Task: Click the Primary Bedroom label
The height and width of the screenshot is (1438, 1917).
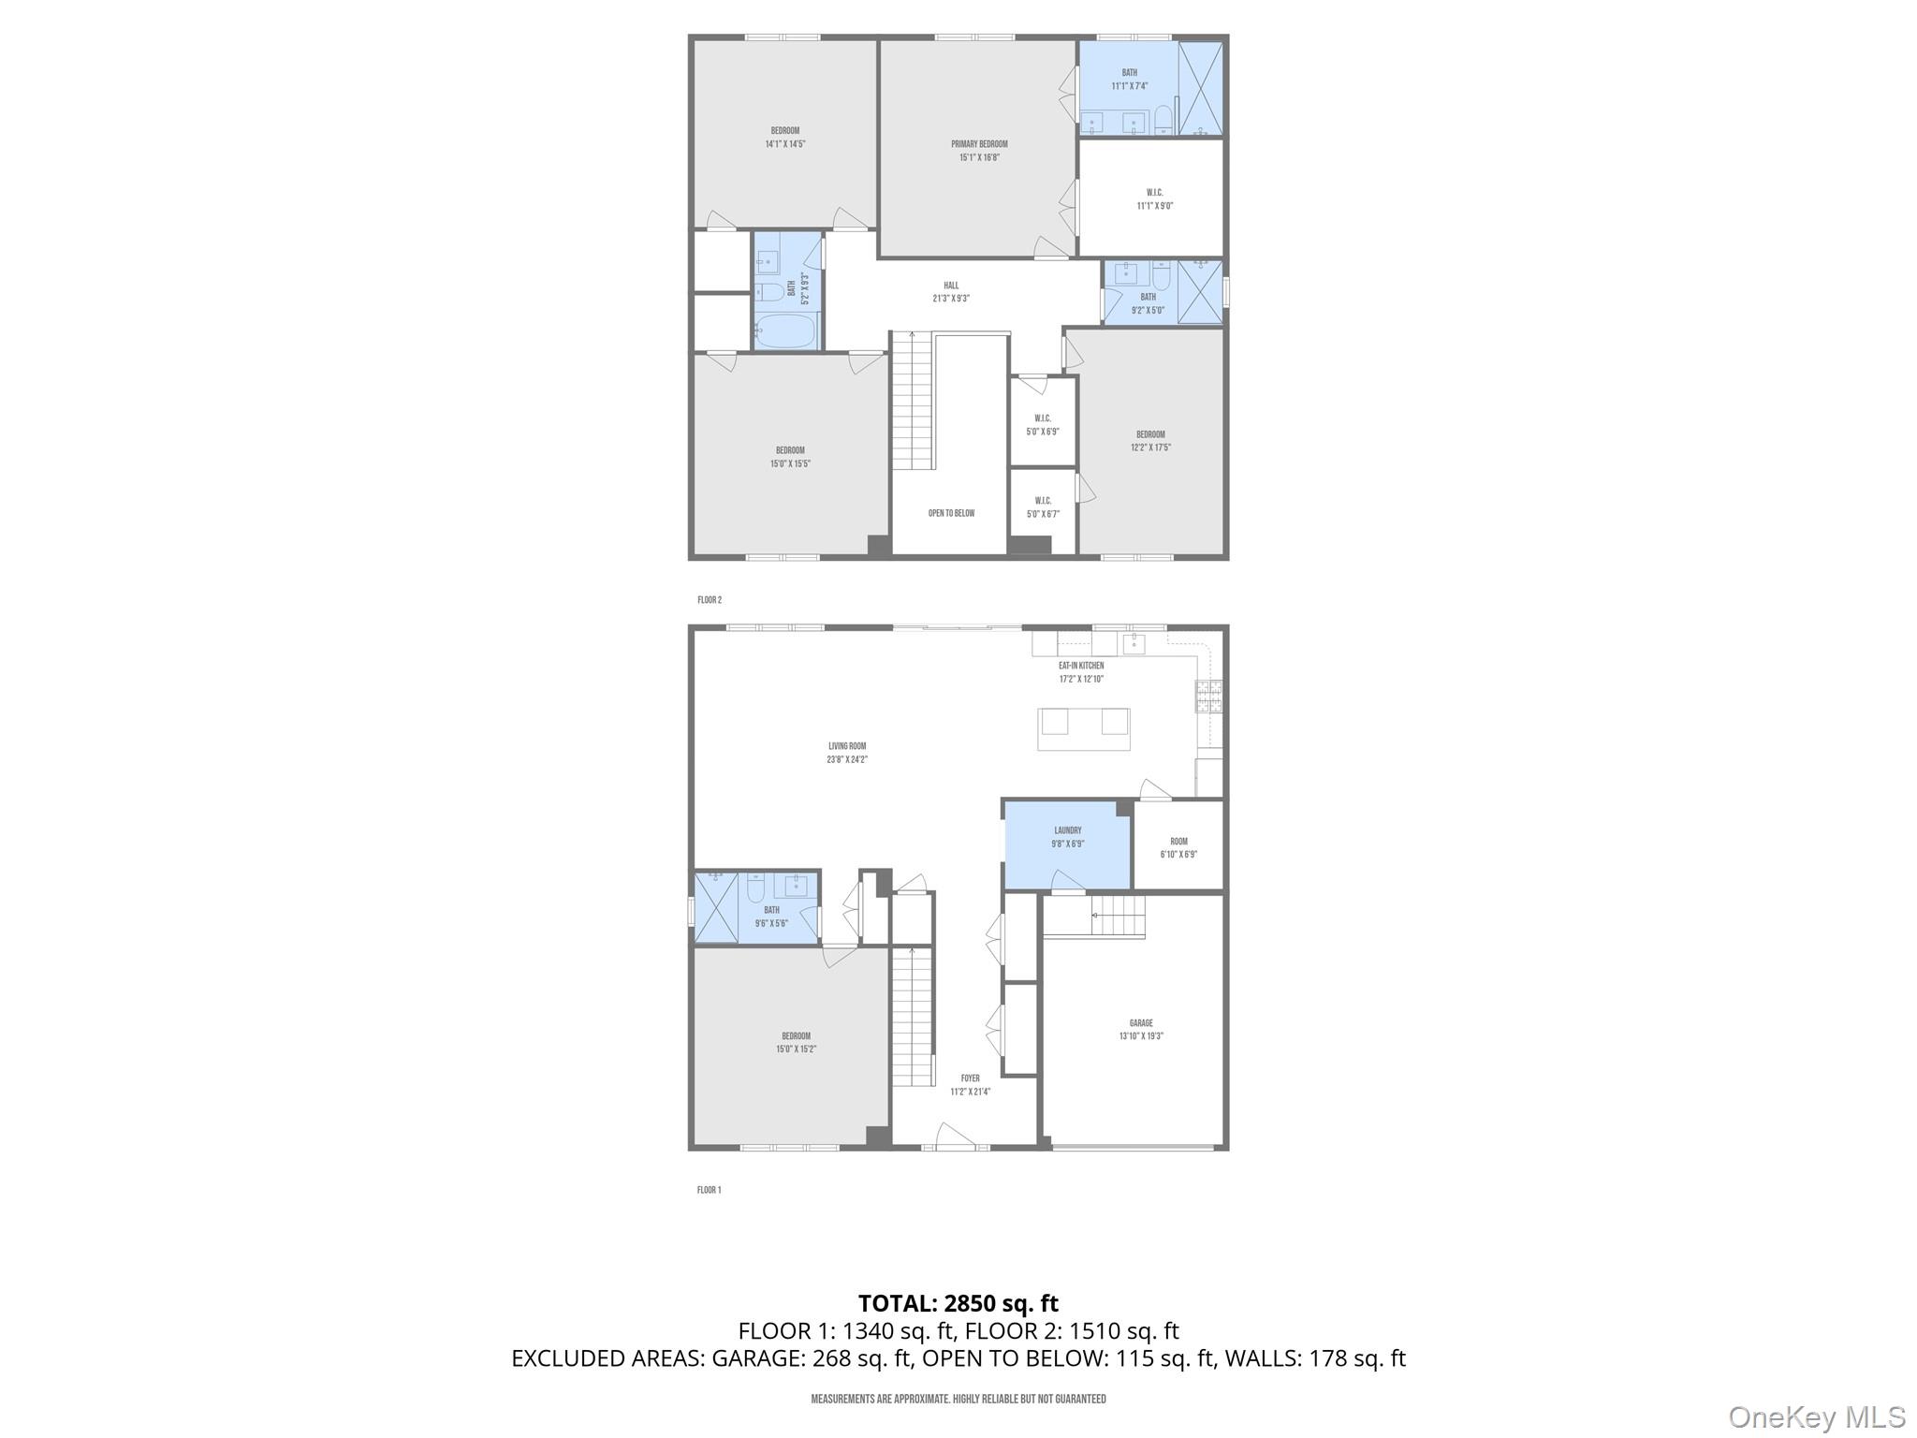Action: point(979,145)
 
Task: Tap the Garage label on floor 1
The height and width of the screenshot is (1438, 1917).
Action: point(1140,1023)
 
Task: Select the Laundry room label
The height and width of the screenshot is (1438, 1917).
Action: point(1067,830)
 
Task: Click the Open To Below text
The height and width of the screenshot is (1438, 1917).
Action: point(951,513)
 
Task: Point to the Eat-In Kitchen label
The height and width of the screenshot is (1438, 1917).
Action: point(1081,666)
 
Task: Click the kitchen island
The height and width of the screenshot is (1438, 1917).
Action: point(1083,729)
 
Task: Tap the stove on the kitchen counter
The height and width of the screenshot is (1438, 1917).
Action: point(1208,697)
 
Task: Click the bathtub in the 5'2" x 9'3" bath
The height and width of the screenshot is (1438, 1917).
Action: point(786,331)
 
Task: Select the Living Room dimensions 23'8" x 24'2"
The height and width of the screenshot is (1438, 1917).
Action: point(847,759)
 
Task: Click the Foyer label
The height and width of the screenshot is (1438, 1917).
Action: point(970,1078)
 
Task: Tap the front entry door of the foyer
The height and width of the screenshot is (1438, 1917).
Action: point(955,1137)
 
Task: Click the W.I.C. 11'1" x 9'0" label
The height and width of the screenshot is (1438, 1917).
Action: point(1154,198)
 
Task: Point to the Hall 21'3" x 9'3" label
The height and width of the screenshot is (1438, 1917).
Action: point(951,292)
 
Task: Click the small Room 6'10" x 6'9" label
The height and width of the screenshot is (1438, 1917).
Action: point(1178,842)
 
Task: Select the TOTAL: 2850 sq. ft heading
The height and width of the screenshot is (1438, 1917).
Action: point(958,1303)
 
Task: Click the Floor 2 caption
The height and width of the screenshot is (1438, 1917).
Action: point(710,600)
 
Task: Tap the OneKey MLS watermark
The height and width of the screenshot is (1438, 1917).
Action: point(1816,1417)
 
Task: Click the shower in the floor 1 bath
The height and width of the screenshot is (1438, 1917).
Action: point(716,907)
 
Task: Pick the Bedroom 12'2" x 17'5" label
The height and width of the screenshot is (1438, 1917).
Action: point(1150,434)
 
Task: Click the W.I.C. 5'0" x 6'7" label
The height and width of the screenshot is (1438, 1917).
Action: point(1043,501)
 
